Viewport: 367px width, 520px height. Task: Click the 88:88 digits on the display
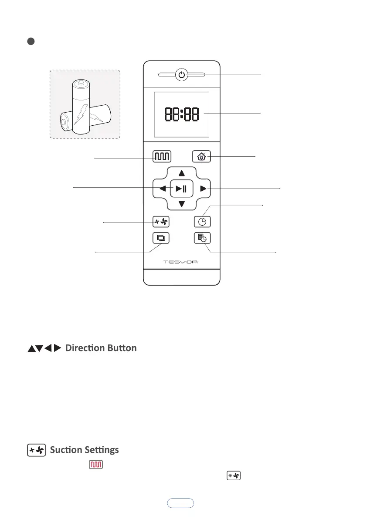(182, 115)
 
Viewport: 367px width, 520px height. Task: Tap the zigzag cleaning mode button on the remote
(162, 156)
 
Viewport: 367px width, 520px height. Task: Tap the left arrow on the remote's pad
(162, 189)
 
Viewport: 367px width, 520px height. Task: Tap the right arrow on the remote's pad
(202, 189)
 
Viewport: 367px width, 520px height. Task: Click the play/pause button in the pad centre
(182, 189)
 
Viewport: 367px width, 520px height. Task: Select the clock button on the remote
(202, 222)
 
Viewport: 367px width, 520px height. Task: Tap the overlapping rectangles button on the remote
(161, 238)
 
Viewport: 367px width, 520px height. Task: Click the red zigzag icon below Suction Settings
(96, 465)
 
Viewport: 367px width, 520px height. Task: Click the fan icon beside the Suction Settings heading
(36, 450)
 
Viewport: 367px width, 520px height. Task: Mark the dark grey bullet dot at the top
(31, 42)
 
